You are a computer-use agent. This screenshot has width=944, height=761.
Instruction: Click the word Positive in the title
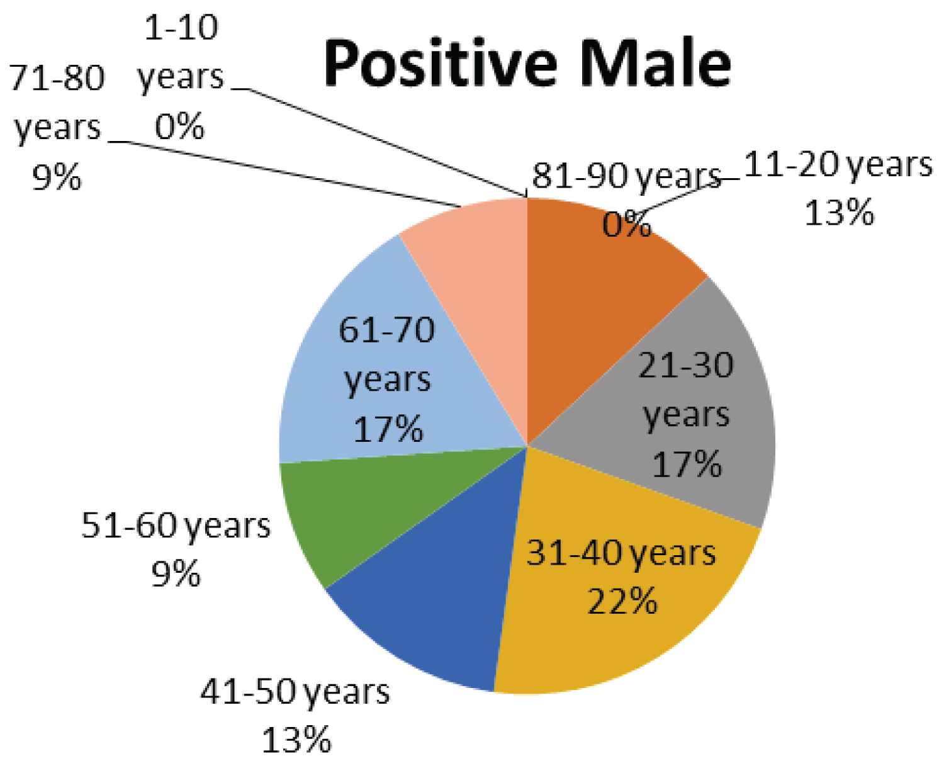point(441,63)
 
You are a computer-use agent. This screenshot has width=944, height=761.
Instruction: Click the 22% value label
point(622,600)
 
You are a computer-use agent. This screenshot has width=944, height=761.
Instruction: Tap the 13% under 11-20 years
point(839,213)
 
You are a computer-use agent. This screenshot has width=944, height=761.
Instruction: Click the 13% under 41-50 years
point(296,740)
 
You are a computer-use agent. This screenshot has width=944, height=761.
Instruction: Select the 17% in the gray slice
point(687,465)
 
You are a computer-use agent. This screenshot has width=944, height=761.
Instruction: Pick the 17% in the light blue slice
point(388,429)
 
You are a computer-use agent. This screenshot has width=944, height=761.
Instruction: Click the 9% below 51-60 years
point(176,573)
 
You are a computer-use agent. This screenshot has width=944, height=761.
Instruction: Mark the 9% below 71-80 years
point(57,178)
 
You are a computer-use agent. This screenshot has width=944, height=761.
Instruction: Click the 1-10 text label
point(181,28)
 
